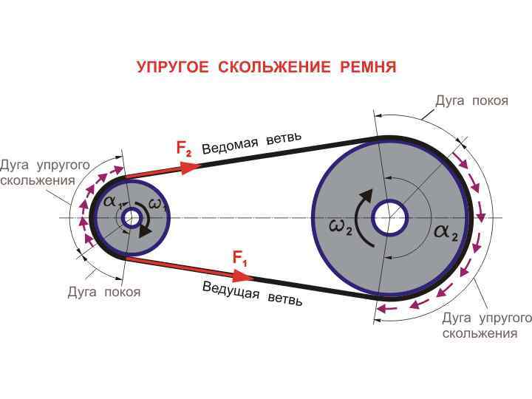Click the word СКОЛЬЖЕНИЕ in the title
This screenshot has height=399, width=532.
275,67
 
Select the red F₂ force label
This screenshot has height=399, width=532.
184,149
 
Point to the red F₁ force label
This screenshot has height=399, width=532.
239,259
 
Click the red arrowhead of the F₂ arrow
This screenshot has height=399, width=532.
190,166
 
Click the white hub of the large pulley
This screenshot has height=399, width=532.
389,219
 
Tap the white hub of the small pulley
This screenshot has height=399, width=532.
132,218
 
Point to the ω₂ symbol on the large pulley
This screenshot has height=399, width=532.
341,225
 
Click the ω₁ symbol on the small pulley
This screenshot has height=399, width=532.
158,205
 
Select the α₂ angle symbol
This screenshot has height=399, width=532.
446,232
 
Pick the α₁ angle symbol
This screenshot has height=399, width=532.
112,202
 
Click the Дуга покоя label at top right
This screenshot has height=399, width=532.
471,100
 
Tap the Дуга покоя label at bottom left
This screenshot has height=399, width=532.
104,292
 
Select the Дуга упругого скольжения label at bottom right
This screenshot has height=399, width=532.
486,325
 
